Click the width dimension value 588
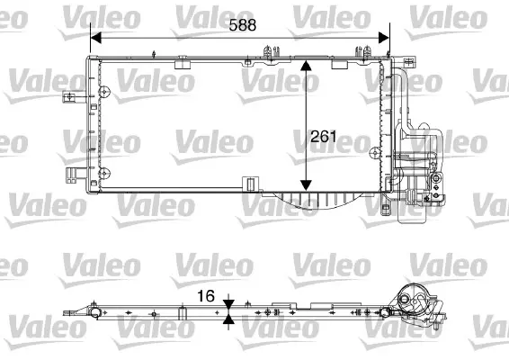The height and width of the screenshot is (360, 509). pos(241,26)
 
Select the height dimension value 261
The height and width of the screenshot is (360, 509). pos(323,138)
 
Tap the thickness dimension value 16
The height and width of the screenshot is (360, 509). pos(207,294)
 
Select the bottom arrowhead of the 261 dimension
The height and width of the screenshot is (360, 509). pos(307,184)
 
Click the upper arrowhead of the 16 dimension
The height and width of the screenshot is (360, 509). pos(229,304)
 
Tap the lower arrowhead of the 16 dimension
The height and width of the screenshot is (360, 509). pos(229,319)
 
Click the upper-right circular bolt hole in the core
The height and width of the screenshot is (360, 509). pos(380,90)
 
